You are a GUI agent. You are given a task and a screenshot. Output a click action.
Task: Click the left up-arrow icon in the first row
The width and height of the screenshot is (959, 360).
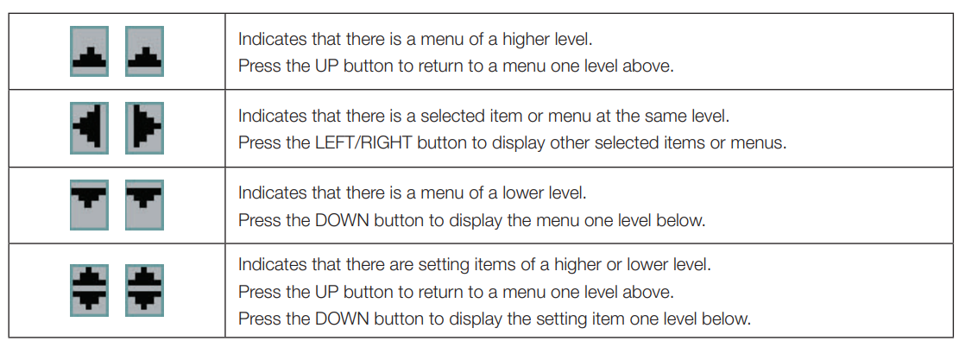point(89,51)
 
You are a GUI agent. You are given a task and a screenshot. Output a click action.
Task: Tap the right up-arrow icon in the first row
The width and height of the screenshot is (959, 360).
point(144,51)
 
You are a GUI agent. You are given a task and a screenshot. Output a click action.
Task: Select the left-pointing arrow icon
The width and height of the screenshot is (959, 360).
point(89,128)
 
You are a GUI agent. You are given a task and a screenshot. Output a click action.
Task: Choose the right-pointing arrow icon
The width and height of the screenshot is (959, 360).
point(144,128)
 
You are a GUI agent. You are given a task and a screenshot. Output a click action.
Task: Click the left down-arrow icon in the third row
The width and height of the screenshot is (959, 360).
point(89,205)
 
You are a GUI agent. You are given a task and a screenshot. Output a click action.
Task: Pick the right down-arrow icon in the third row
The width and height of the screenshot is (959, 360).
point(144,205)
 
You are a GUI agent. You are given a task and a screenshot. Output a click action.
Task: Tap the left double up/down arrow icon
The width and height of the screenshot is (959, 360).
point(89,290)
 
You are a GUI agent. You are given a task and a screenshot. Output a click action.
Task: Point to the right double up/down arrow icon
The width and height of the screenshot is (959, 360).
point(144,290)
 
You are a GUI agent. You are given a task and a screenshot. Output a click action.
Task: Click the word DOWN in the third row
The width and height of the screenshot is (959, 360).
point(339,220)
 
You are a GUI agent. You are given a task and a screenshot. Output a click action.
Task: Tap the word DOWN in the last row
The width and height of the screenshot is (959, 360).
point(339,319)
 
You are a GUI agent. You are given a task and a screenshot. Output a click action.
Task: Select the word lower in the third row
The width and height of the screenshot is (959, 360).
point(520,193)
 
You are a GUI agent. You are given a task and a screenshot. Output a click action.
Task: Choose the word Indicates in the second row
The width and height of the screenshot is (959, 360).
point(266,117)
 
